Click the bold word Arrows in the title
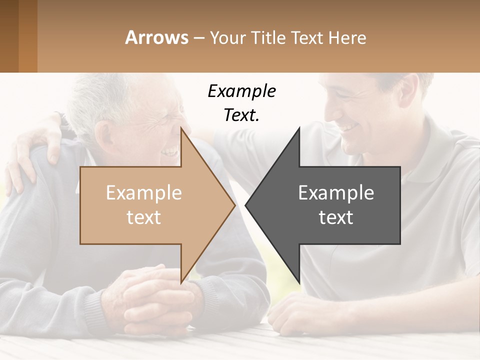click(156, 38)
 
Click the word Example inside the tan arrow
click(143, 193)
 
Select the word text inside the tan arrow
click(143, 217)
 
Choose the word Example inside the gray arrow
click(336, 193)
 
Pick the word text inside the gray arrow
click(336, 217)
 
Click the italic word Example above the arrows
click(241, 91)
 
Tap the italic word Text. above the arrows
click(241, 115)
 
